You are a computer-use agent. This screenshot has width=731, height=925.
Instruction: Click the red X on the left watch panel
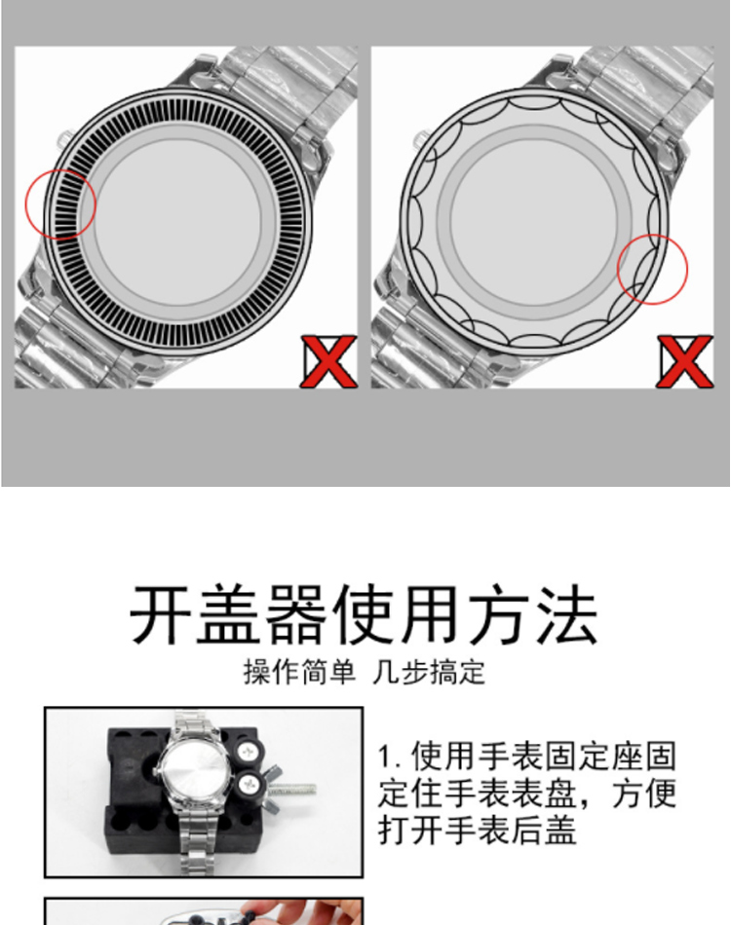328,361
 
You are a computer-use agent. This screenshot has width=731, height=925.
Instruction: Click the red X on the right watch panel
685,361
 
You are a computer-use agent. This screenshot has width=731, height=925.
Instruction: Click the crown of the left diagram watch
63,140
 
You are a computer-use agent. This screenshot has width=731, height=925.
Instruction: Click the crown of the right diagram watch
420,140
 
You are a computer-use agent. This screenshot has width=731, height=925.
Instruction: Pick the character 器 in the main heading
296,614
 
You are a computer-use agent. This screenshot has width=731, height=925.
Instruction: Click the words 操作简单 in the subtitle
299,672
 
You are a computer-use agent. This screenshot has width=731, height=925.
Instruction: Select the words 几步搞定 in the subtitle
429,672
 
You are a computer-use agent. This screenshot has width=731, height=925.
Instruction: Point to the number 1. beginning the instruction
390,757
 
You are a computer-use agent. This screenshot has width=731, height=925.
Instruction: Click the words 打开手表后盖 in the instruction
477,830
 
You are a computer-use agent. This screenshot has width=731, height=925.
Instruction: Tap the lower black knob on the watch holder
248,785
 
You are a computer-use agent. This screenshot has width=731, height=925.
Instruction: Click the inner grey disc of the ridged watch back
176,222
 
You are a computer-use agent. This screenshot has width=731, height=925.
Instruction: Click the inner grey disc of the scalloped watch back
533,222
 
